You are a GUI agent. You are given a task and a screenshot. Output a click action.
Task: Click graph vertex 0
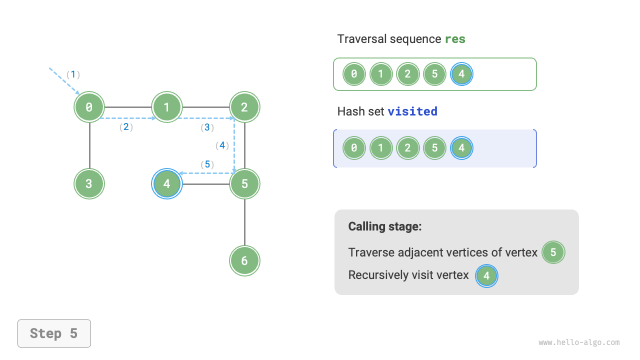tap(89, 107)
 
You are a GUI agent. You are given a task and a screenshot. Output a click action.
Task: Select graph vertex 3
tap(89, 183)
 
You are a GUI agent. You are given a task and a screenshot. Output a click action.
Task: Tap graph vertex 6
tap(244, 260)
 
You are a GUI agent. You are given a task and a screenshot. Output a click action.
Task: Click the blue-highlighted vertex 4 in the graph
tap(167, 183)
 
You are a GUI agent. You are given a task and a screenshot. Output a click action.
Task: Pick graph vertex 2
tap(244, 107)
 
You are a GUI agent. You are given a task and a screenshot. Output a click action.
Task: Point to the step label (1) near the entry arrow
tap(73, 74)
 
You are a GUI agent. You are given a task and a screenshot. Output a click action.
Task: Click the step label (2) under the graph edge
tap(126, 127)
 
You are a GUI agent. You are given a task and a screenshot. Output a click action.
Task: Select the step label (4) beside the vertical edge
tap(222, 145)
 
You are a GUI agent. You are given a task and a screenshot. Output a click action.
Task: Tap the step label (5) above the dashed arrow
tap(207, 164)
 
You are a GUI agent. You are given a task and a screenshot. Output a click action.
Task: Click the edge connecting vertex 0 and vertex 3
tap(89, 145)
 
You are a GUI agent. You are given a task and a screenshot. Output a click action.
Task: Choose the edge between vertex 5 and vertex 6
tap(244, 222)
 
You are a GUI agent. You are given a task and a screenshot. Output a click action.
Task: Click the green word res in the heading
tap(455, 39)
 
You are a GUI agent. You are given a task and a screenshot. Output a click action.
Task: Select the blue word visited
tap(412, 111)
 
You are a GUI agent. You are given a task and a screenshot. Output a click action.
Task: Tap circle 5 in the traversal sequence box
tap(434, 74)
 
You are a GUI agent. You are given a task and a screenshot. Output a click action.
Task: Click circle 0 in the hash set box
tap(354, 148)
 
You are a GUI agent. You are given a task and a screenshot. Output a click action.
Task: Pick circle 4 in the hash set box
tap(461, 148)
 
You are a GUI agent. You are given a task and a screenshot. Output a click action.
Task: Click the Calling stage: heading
tap(385, 226)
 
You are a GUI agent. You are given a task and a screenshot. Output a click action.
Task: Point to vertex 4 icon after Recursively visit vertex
tap(486, 275)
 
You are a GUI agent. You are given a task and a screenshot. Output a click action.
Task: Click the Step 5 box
tap(54, 333)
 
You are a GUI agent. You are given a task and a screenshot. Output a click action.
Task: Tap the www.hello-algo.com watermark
tap(579, 342)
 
